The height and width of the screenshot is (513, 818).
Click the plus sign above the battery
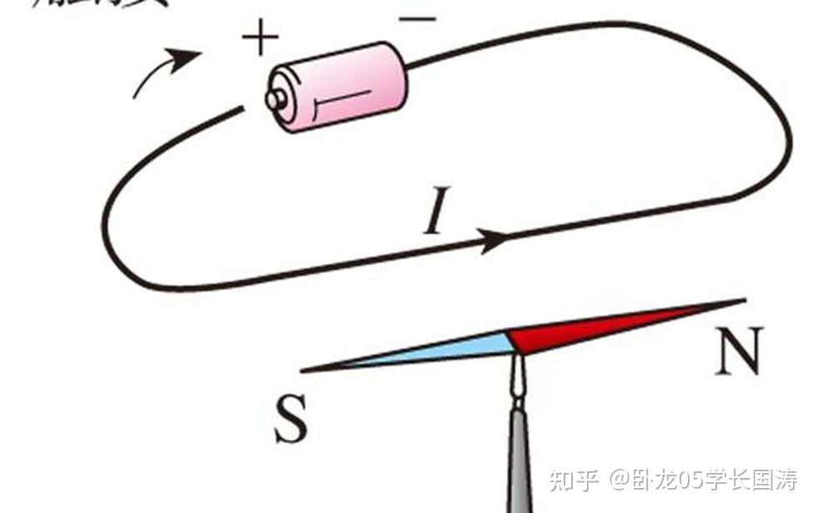point(260,38)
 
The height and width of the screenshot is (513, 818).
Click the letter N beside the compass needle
point(738,352)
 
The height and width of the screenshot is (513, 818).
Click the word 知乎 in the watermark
point(575,481)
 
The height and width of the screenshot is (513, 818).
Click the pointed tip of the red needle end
point(742,299)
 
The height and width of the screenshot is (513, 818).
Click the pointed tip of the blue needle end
point(304,370)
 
